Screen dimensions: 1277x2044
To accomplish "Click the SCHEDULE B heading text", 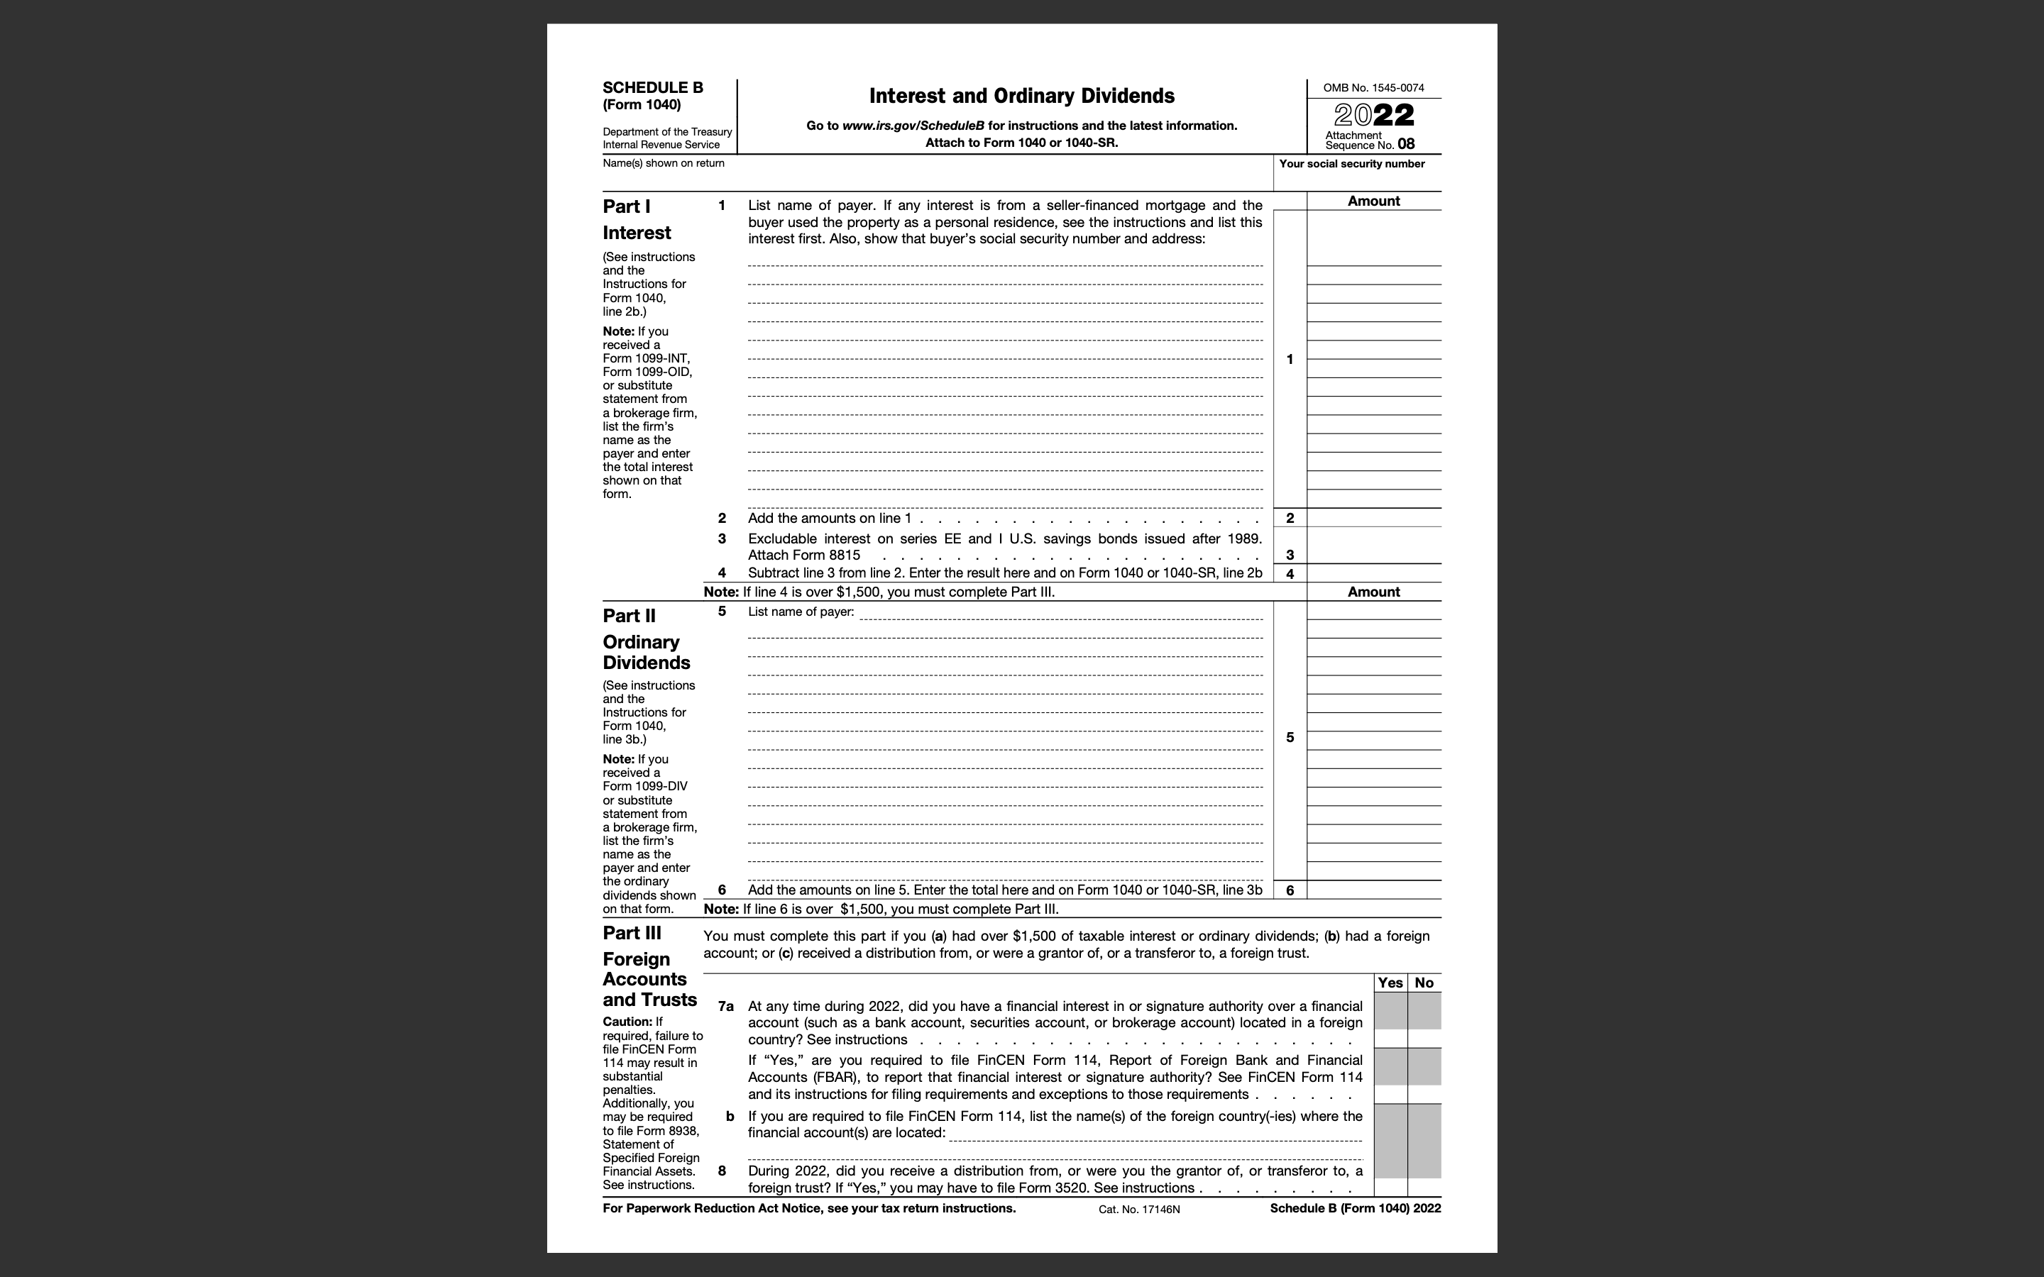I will click(652, 88).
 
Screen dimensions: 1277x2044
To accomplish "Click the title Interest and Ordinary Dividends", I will click(1021, 96).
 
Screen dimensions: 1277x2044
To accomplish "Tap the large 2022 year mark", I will click(1373, 116).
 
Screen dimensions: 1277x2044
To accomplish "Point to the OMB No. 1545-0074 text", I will click(1373, 88).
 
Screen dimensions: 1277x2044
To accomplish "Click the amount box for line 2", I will click(1373, 518).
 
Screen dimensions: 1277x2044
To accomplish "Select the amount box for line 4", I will click(1373, 573).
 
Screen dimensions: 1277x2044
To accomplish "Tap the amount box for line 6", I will click(1373, 890).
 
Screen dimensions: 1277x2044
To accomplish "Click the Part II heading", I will click(630, 616).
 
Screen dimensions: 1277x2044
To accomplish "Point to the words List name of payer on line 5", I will click(800, 612).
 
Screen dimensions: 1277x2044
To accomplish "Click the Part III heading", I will click(632, 933).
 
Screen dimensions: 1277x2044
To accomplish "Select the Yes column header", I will click(1390, 983).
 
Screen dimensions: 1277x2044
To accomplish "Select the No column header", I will click(1424, 983).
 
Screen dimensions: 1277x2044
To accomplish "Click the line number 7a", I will click(725, 1007).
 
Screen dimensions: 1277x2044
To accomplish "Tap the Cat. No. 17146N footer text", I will click(1138, 1210).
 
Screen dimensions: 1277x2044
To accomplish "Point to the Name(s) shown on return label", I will click(663, 163).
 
